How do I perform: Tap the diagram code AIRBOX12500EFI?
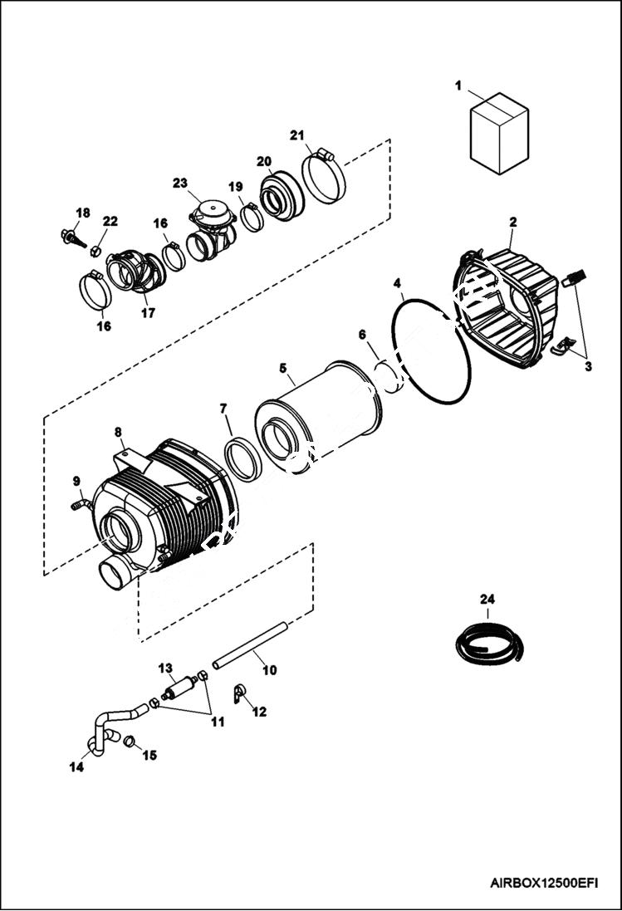(544, 883)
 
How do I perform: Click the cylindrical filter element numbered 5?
(320, 415)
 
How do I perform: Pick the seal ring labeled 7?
(243, 458)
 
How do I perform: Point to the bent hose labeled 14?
(104, 731)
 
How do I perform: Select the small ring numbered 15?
(130, 740)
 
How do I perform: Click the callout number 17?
(148, 313)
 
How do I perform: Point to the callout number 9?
(76, 481)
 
